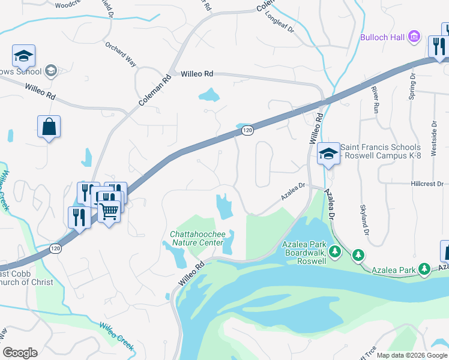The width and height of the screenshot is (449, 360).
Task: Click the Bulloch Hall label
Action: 383,37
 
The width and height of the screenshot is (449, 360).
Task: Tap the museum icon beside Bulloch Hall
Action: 414,37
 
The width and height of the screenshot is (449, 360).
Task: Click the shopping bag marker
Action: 49,127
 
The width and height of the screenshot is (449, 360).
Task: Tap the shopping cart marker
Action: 109,211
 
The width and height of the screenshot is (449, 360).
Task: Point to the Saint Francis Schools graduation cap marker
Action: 328,154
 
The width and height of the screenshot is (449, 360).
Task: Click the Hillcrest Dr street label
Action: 428,184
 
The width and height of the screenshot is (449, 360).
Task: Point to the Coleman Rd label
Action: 151,94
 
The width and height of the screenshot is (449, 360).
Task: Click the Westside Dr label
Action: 433,134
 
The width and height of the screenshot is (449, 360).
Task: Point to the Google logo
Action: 20,353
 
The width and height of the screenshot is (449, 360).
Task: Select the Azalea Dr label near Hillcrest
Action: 294,193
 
